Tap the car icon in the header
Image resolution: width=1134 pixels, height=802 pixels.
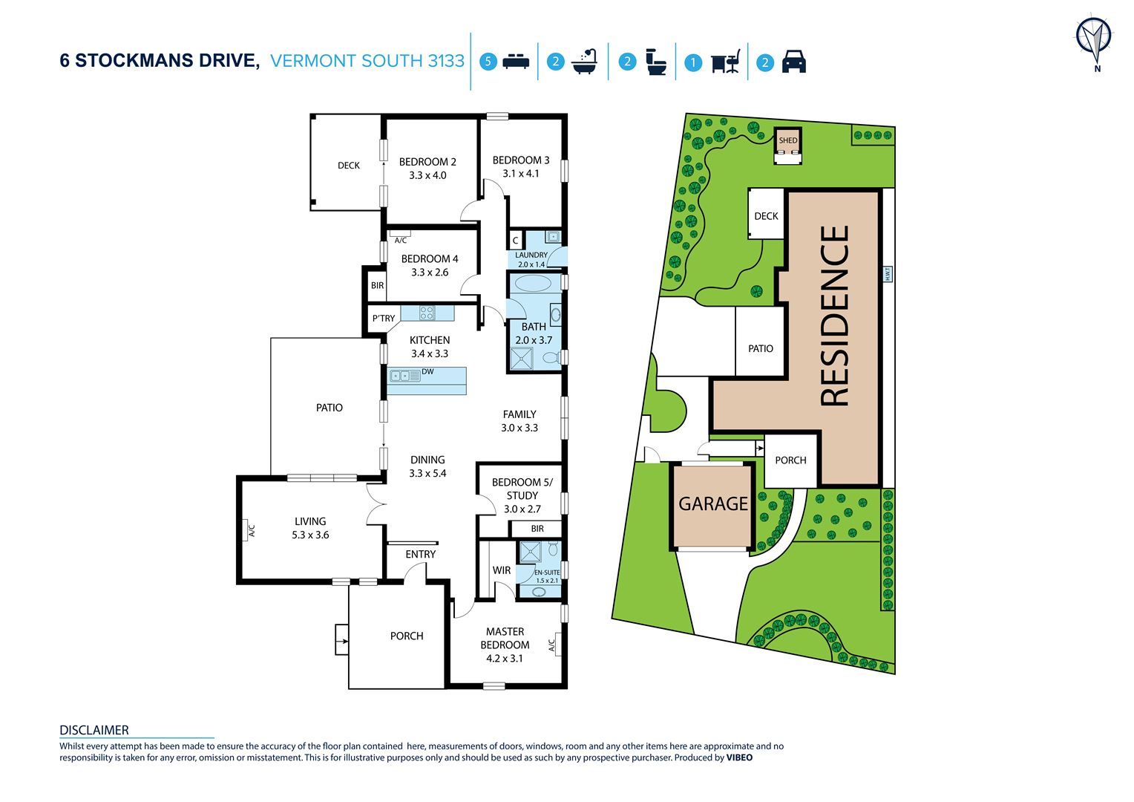tap(794, 62)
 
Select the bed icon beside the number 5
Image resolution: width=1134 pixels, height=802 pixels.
tap(516, 62)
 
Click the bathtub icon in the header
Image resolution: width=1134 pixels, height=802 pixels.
tap(585, 62)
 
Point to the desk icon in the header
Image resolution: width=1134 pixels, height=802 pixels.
tap(726, 62)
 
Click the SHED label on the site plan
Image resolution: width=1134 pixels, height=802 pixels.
tap(787, 140)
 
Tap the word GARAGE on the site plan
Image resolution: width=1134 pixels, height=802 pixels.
tap(712, 503)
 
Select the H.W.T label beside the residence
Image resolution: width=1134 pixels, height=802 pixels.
tap(887, 274)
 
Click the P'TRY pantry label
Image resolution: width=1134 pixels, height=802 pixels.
tap(383, 318)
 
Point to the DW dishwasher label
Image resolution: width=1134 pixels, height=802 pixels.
tap(427, 371)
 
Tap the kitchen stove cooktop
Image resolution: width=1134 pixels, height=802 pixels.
tap(426, 313)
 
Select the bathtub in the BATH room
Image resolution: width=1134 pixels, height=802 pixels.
tap(533, 284)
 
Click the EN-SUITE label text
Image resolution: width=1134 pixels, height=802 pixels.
tap(547, 572)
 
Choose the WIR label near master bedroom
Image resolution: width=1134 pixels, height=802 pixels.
tap(501, 570)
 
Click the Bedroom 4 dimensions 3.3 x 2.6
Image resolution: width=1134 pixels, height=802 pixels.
tap(429, 273)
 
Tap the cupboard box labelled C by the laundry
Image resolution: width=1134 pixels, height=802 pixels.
tap(515, 241)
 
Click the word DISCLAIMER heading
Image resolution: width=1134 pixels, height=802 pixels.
tap(94, 730)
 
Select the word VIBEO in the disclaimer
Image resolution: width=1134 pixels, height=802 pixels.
tap(740, 757)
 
